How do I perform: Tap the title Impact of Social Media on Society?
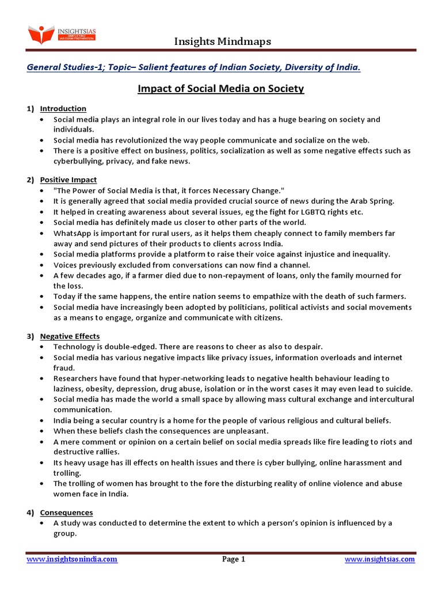coord(221,89)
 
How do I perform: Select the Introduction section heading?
coord(63,108)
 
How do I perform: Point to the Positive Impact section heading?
coord(68,180)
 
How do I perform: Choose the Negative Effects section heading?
coord(70,336)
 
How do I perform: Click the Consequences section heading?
coord(66,512)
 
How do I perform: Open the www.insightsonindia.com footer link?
coord(72,559)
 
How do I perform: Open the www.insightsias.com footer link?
coord(380,559)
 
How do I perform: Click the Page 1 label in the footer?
coord(234,559)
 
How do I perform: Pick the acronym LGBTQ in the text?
coord(308,212)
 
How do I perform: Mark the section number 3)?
coord(31,336)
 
